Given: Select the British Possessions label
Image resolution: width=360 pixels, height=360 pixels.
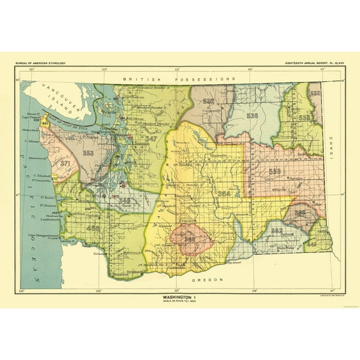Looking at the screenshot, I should pyautogui.click(x=179, y=79).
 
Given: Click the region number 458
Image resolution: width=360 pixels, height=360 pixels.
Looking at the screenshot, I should pyautogui.click(x=94, y=229).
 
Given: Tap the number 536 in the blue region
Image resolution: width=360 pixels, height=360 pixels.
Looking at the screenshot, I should pyautogui.click(x=252, y=116).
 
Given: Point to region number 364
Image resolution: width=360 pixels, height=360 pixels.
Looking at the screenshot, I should pyautogui.click(x=224, y=194).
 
